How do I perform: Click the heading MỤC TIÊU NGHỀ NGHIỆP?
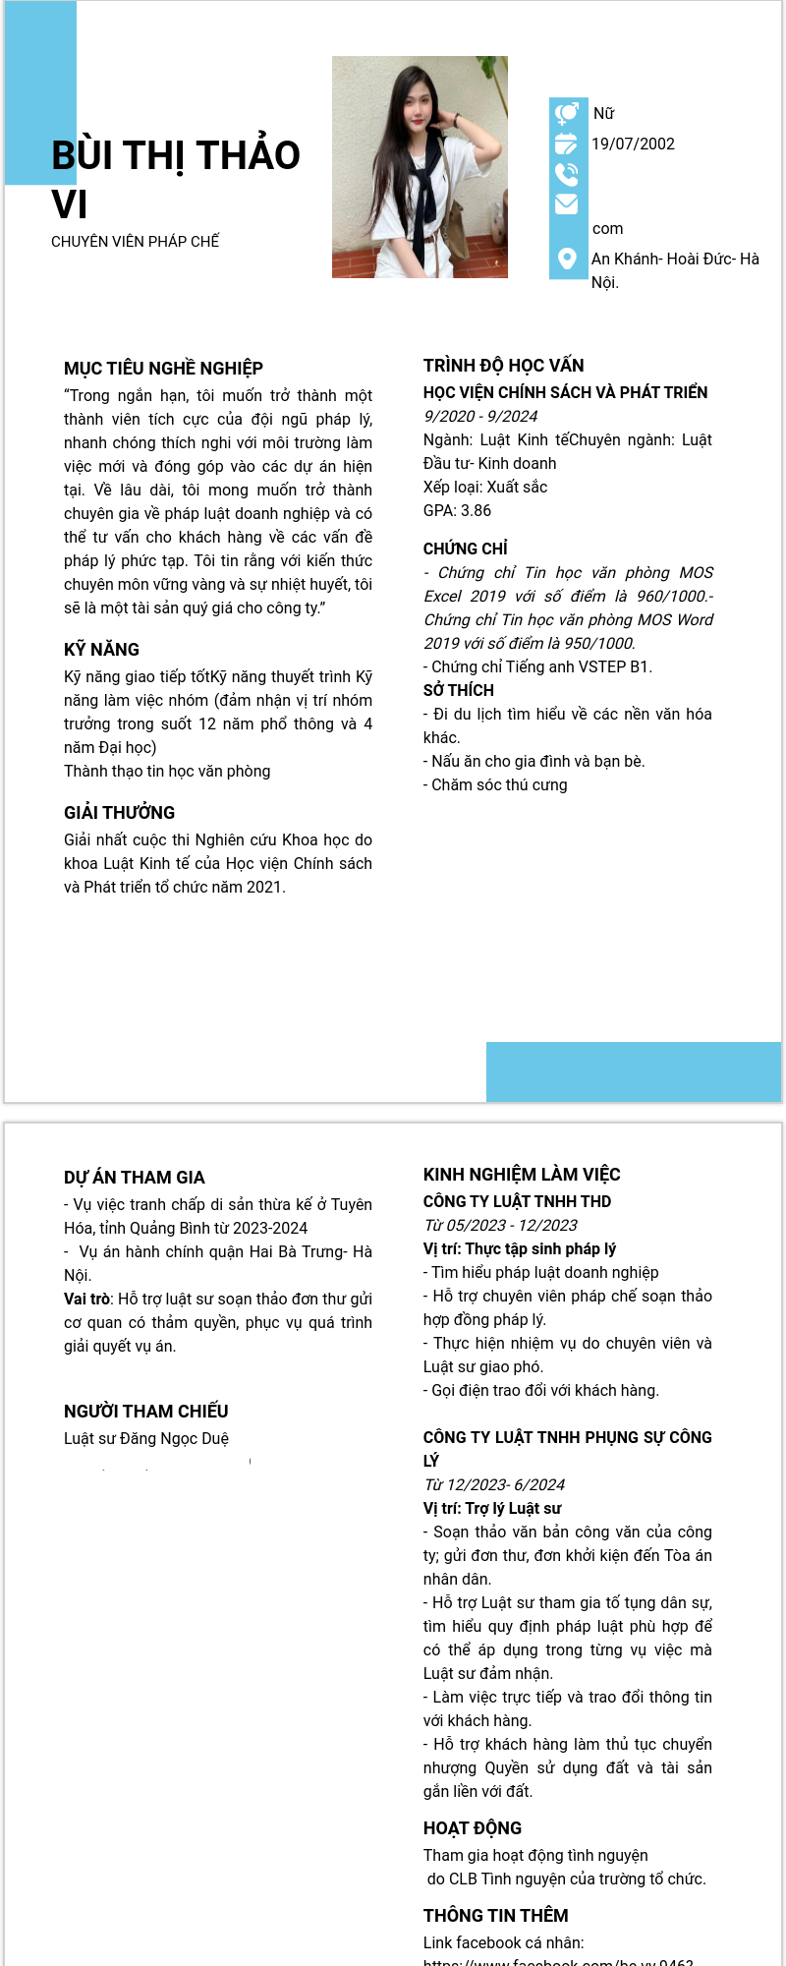(x=163, y=369)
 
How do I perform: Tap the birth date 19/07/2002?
(x=633, y=145)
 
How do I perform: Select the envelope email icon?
(x=567, y=204)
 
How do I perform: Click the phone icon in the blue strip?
(x=567, y=175)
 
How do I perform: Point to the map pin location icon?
(x=567, y=259)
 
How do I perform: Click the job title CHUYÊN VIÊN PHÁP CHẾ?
(x=135, y=242)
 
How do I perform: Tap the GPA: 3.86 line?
(x=457, y=511)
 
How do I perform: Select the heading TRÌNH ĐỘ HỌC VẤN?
(x=503, y=366)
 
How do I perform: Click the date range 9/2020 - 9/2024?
(x=480, y=417)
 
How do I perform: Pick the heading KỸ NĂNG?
(x=101, y=650)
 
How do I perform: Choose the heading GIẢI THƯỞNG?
(x=119, y=813)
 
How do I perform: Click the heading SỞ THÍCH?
(x=458, y=691)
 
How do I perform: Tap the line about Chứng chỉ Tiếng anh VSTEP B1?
(x=537, y=667)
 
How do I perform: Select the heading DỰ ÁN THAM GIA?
(x=134, y=1178)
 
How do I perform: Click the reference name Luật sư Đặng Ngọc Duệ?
(x=145, y=1439)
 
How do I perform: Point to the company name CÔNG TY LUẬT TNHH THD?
(x=517, y=1202)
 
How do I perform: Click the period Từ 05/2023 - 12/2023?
(x=500, y=1226)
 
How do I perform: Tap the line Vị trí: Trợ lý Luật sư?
(x=492, y=1509)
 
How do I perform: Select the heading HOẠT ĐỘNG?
(x=472, y=1828)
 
